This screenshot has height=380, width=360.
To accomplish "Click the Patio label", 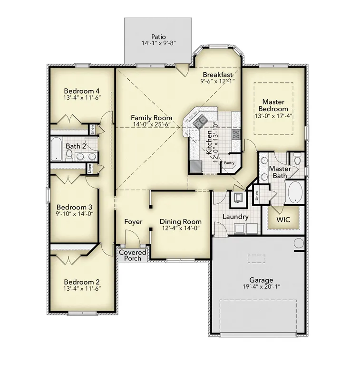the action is pyautogui.click(x=158, y=37).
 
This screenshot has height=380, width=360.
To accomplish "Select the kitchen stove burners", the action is pyautogui.click(x=236, y=134).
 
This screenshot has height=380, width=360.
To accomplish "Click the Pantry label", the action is pyautogui.click(x=229, y=163).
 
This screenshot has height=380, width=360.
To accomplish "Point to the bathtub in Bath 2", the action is pyautogui.click(x=56, y=149).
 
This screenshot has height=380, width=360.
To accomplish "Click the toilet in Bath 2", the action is pyautogui.click(x=69, y=155).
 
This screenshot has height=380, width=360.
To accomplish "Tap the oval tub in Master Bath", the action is pyautogui.click(x=295, y=192).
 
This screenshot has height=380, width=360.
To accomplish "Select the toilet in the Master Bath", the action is pyautogui.click(x=297, y=159).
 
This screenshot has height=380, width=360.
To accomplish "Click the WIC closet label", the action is pyautogui.click(x=283, y=220).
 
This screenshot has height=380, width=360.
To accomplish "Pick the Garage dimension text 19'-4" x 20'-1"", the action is pyautogui.click(x=262, y=287).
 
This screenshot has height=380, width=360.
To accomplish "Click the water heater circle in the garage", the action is pyautogui.click(x=299, y=243).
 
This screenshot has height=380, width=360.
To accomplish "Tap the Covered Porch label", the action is pyautogui.click(x=133, y=256).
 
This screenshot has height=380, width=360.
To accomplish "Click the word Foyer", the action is pyautogui.click(x=133, y=222).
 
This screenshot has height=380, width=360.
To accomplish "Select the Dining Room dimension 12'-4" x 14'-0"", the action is pyautogui.click(x=181, y=228).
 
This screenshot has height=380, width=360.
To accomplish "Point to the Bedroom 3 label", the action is pyautogui.click(x=74, y=207).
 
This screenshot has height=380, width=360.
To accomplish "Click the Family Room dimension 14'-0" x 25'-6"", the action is pyautogui.click(x=152, y=124).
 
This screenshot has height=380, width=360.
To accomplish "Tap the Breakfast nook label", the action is pyautogui.click(x=218, y=75).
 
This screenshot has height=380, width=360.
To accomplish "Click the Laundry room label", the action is pyautogui.click(x=235, y=217).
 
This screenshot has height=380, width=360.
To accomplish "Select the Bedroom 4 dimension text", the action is pyautogui.click(x=82, y=98).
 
